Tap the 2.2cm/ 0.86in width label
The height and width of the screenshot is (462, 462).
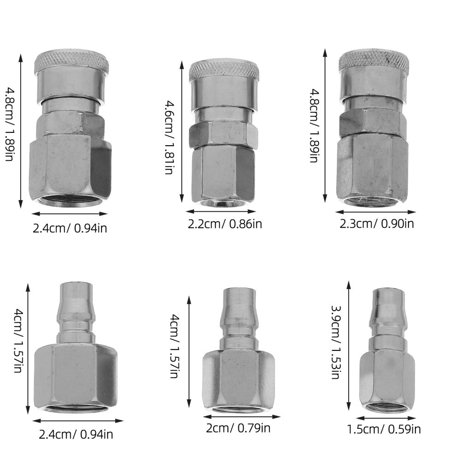[x=225, y=224]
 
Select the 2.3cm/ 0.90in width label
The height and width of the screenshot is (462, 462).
[x=377, y=224]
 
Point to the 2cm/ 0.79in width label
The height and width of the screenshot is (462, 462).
[x=238, y=428]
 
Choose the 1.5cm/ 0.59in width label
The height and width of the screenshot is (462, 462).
[x=384, y=429]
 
